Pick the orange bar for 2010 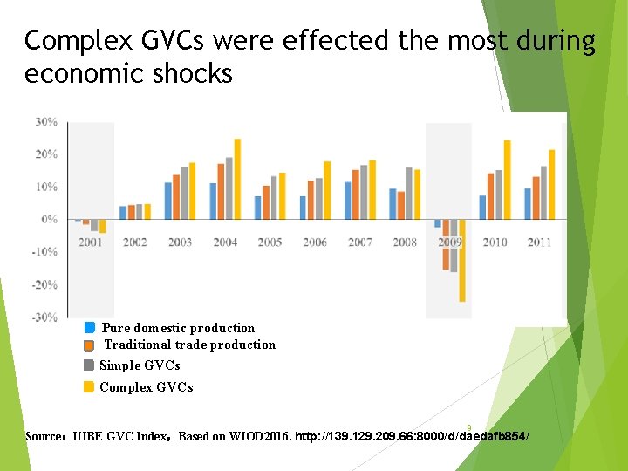(x=490, y=196)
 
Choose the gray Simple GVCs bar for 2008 (x=409, y=193)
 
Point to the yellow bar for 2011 (x=551, y=184)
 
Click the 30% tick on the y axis (x=46, y=122)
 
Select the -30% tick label (x=46, y=317)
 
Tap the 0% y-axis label (x=50, y=219)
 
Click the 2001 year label (x=90, y=242)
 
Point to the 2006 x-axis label (x=315, y=242)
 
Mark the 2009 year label (x=450, y=242)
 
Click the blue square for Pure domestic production (x=89, y=328)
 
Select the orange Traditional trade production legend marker (x=89, y=345)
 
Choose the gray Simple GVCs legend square (x=89, y=365)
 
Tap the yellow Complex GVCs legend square (x=89, y=387)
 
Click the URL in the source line (x=413, y=435)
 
